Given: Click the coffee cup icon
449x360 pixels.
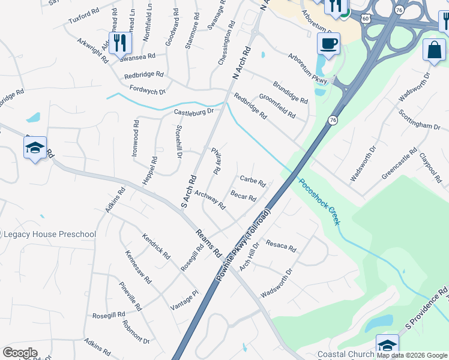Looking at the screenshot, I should (328, 44).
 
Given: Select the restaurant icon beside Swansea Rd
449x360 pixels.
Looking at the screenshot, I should (121, 42).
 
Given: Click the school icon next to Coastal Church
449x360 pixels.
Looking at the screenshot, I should (387, 345).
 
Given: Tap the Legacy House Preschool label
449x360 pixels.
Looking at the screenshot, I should (49, 234).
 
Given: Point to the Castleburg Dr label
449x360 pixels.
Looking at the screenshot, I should (194, 112).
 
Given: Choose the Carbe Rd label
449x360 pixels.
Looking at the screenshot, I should (253, 180).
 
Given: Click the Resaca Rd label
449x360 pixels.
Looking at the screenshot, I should (281, 246).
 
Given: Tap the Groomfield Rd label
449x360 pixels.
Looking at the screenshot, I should (277, 106).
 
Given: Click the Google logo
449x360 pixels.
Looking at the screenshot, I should (20, 353).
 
